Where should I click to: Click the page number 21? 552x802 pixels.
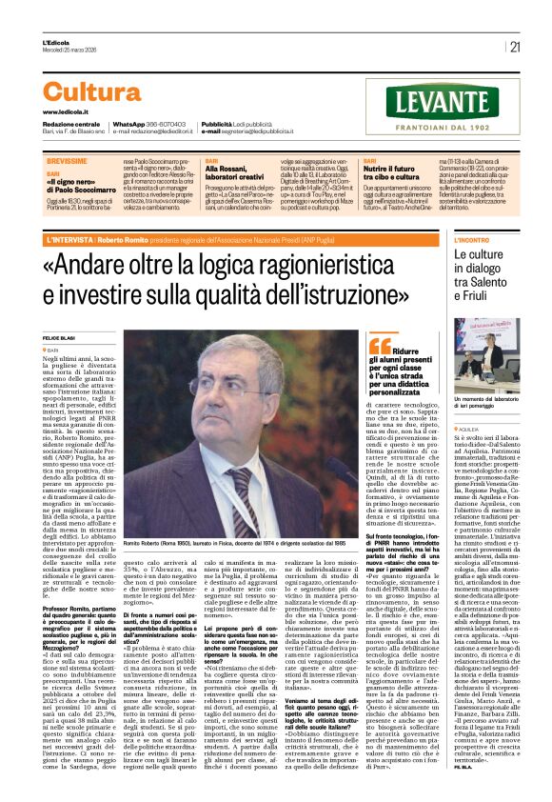coord(515,46)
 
